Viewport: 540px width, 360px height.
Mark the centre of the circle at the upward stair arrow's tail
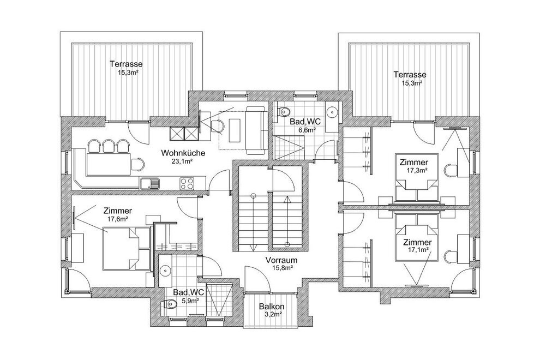[x=287, y=244]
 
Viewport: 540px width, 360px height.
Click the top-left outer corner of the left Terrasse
[x=60, y=32]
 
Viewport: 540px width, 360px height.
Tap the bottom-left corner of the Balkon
[x=244, y=327]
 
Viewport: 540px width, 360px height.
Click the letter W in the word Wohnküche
[x=164, y=153]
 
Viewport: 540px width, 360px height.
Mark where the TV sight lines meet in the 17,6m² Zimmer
[x=75, y=217]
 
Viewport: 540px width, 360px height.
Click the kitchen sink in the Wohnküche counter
[x=149, y=183]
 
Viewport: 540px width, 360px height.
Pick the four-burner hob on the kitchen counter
[x=187, y=183]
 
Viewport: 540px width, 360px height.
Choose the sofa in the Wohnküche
[x=256, y=130]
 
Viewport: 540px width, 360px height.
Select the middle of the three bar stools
[x=109, y=146]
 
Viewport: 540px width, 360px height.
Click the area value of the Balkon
[x=272, y=314]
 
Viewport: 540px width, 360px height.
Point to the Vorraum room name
[x=281, y=260]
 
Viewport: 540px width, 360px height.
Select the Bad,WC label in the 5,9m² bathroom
[x=188, y=292]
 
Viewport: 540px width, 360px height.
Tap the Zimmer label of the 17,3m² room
[x=413, y=162]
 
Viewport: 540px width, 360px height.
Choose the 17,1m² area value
[x=417, y=249]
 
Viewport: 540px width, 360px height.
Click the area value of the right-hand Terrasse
[x=412, y=83]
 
